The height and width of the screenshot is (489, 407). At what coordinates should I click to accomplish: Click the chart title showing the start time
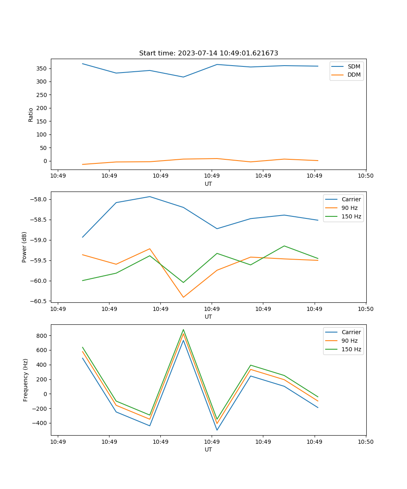[x=208, y=53]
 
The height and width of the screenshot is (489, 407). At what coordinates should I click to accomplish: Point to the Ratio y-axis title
[x=31, y=115]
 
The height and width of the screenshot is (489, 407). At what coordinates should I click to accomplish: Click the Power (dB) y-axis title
[x=24, y=247]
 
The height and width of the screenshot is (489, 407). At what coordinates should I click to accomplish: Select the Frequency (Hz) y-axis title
[x=26, y=380]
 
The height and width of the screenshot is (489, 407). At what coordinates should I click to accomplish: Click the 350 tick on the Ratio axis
[x=42, y=68]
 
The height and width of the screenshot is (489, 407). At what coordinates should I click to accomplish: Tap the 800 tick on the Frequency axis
[x=42, y=336]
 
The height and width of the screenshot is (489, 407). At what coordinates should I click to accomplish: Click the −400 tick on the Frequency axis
[x=40, y=423]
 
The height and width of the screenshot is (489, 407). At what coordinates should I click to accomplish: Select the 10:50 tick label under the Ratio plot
[x=365, y=176]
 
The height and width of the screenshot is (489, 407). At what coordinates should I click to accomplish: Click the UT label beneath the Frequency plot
[x=208, y=449]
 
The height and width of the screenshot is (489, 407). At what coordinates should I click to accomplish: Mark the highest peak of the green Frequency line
[x=183, y=330]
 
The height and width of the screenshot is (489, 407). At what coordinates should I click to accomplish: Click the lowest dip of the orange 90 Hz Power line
[x=183, y=297]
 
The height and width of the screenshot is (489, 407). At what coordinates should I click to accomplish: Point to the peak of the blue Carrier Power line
[x=150, y=197]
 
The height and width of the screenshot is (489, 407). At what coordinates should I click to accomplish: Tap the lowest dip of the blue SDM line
[x=183, y=77]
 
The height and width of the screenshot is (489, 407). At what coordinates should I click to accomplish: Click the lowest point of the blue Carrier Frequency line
[x=217, y=430]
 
